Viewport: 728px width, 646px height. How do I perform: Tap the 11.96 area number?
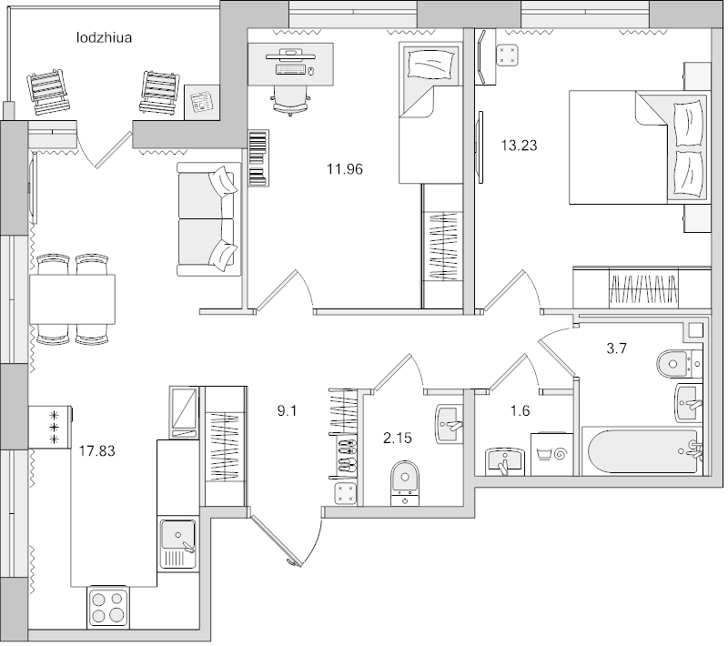(346, 167)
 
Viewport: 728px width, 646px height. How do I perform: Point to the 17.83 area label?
(97, 449)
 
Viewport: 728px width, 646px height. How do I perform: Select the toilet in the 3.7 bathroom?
(676, 363)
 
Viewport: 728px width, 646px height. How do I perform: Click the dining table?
(73, 298)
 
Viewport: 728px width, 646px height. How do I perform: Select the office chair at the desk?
(290, 96)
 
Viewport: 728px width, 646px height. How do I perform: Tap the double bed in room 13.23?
(637, 146)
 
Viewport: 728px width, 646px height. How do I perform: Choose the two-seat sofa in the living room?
(208, 218)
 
